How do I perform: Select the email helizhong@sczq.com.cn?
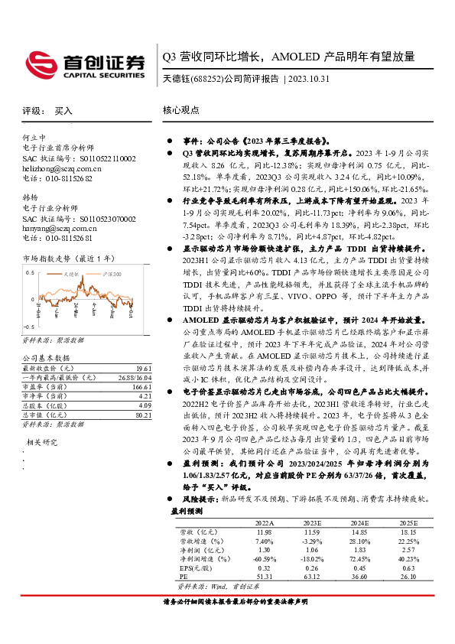[62, 168]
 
